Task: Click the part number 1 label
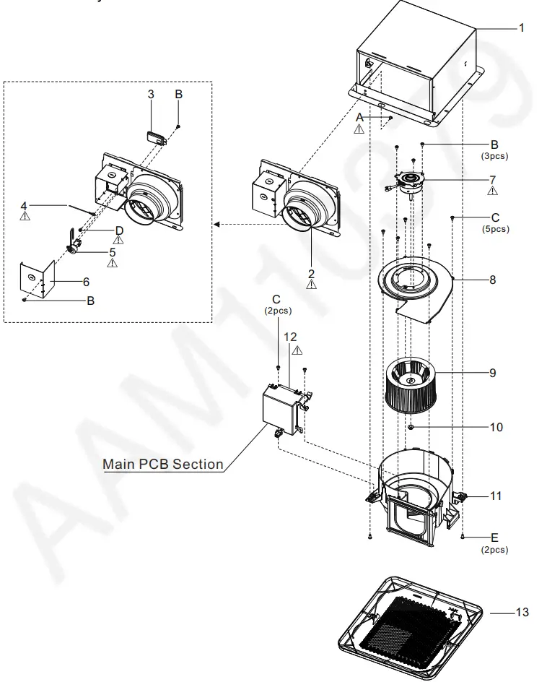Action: [521, 27]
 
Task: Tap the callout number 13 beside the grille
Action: [522, 613]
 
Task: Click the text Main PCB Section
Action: [163, 464]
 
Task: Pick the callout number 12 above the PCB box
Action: [290, 337]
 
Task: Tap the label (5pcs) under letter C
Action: [495, 229]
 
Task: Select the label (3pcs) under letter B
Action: [495, 155]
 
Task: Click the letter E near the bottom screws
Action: [494, 538]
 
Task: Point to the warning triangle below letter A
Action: [359, 129]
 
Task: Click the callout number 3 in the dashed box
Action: [151, 95]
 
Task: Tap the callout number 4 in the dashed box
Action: [25, 204]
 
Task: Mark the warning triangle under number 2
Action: [311, 285]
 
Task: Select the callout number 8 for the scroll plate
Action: [493, 280]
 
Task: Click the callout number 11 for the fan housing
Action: [496, 496]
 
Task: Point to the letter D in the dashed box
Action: [119, 230]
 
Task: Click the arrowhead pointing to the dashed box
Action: [217, 225]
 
